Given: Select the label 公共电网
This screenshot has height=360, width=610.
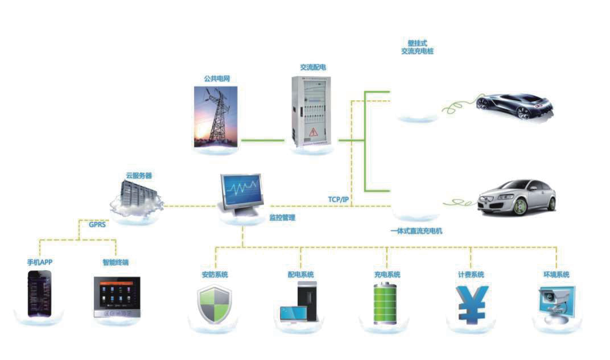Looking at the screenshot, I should (x=216, y=78).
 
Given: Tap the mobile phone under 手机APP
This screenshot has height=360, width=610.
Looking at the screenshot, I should (x=39, y=293).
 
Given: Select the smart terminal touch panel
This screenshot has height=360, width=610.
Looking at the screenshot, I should (x=116, y=296).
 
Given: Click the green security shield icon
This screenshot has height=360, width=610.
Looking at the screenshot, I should (x=215, y=305).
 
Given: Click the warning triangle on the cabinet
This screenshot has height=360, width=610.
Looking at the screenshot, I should (x=312, y=133).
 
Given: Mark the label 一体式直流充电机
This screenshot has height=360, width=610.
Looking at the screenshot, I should (x=416, y=231).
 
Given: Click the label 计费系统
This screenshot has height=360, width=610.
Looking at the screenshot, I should (x=471, y=275).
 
